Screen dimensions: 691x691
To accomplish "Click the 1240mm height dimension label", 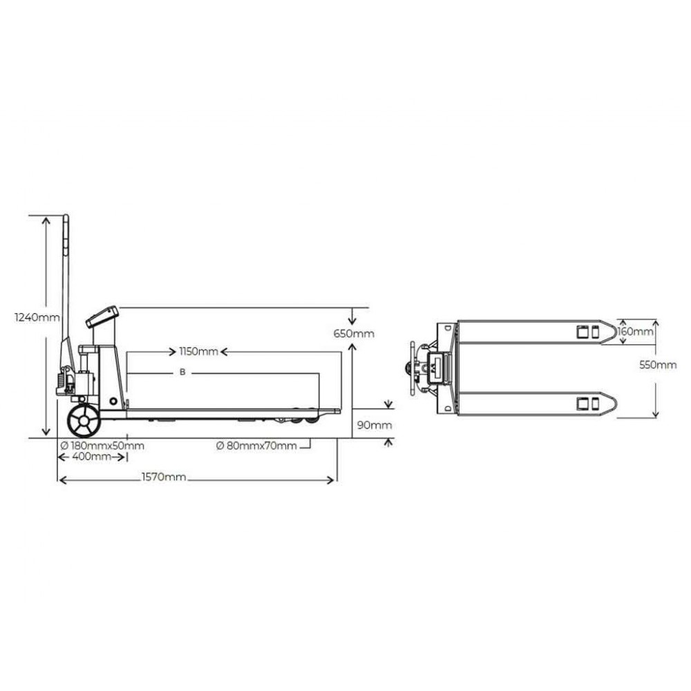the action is click(37, 317).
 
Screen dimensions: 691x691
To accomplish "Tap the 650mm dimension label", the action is click(354, 334).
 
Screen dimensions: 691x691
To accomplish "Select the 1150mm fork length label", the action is click(198, 352).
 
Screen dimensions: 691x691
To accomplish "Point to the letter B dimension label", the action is click(182, 372).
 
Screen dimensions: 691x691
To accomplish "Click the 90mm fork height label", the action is click(374, 425).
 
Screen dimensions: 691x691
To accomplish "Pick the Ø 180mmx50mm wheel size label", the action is click(102, 446).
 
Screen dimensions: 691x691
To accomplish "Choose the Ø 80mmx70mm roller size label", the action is click(256, 446).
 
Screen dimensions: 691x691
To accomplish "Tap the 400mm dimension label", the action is click(91, 457).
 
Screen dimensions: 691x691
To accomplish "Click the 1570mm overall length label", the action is click(164, 477).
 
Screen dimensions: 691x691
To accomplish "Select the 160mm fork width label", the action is click(635, 332).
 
